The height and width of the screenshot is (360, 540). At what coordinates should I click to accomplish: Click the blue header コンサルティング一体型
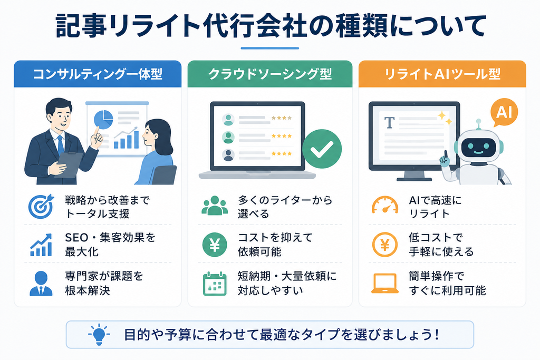(x=98, y=74)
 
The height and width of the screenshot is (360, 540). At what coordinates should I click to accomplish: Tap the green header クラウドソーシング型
(x=270, y=74)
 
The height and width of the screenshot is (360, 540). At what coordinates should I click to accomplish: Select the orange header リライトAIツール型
(x=442, y=74)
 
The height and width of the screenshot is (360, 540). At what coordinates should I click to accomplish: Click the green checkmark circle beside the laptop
(x=322, y=149)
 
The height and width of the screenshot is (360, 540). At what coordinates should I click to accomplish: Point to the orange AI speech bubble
(x=504, y=112)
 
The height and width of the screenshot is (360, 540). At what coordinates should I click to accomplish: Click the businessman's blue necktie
(x=61, y=145)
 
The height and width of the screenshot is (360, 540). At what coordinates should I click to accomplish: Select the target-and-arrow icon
(x=41, y=206)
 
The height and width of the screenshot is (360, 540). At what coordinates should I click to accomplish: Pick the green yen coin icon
(x=215, y=245)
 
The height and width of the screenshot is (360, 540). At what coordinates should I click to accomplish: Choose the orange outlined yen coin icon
(x=385, y=245)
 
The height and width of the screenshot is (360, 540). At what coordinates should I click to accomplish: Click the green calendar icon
(x=215, y=284)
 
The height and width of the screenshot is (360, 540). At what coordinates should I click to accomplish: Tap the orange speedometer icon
(x=385, y=206)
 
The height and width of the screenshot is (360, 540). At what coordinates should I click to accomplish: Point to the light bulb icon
(x=99, y=334)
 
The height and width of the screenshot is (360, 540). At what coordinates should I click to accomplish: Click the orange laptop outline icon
(x=385, y=284)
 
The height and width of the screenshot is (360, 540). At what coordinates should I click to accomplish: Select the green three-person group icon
(x=215, y=206)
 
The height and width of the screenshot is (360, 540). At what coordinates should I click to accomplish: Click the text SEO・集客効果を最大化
(x=110, y=245)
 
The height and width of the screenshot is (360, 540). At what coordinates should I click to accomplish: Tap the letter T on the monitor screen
(x=390, y=122)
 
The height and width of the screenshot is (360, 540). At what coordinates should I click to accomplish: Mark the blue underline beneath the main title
(x=269, y=48)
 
